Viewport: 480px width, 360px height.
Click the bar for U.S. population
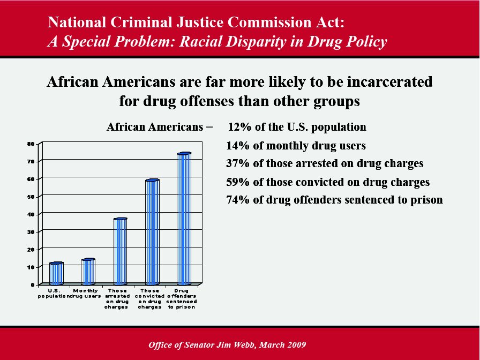pos(56,273)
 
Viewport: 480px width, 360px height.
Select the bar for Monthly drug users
pos(88,272)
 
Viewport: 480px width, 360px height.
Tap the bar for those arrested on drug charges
pos(121,251)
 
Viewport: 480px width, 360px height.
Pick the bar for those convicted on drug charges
pos(152,232)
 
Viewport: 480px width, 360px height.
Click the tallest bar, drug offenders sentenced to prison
pos(184,219)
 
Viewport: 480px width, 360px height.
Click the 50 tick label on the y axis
pos(31,197)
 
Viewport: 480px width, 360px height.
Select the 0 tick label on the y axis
pos(33,285)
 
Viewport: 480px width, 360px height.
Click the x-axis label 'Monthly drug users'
pos(85,293)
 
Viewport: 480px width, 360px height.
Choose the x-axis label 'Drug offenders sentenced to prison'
pos(182,299)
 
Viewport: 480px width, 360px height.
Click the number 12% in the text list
pos(239,127)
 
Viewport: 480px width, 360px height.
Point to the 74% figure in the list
pos(238,200)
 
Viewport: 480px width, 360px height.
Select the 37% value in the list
pos(238,163)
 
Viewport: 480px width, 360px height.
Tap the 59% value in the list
pos(238,182)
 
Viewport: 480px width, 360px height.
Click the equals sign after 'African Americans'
pos(209,127)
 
